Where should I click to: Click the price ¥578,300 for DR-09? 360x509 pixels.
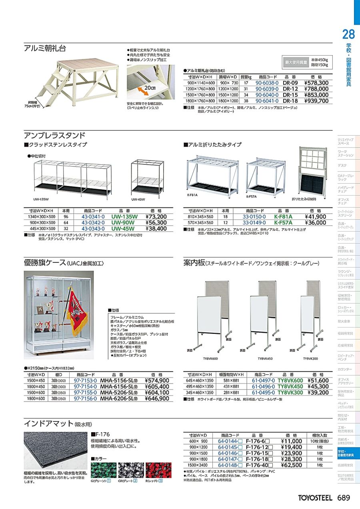316,83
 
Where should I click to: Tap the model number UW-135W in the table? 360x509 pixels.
124,217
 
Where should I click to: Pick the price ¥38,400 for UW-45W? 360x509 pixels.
156,229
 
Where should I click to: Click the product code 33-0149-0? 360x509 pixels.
254,223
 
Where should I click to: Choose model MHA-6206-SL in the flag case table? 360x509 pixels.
119,399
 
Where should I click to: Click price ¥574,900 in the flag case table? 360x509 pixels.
157,381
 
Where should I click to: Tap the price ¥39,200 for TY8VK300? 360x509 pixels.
318,393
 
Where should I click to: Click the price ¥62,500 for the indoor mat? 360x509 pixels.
291,465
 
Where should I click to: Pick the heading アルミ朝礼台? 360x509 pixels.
45,48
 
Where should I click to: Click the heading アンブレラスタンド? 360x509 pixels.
54,135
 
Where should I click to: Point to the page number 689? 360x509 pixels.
344,498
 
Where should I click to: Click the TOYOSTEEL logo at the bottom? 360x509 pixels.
315,498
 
